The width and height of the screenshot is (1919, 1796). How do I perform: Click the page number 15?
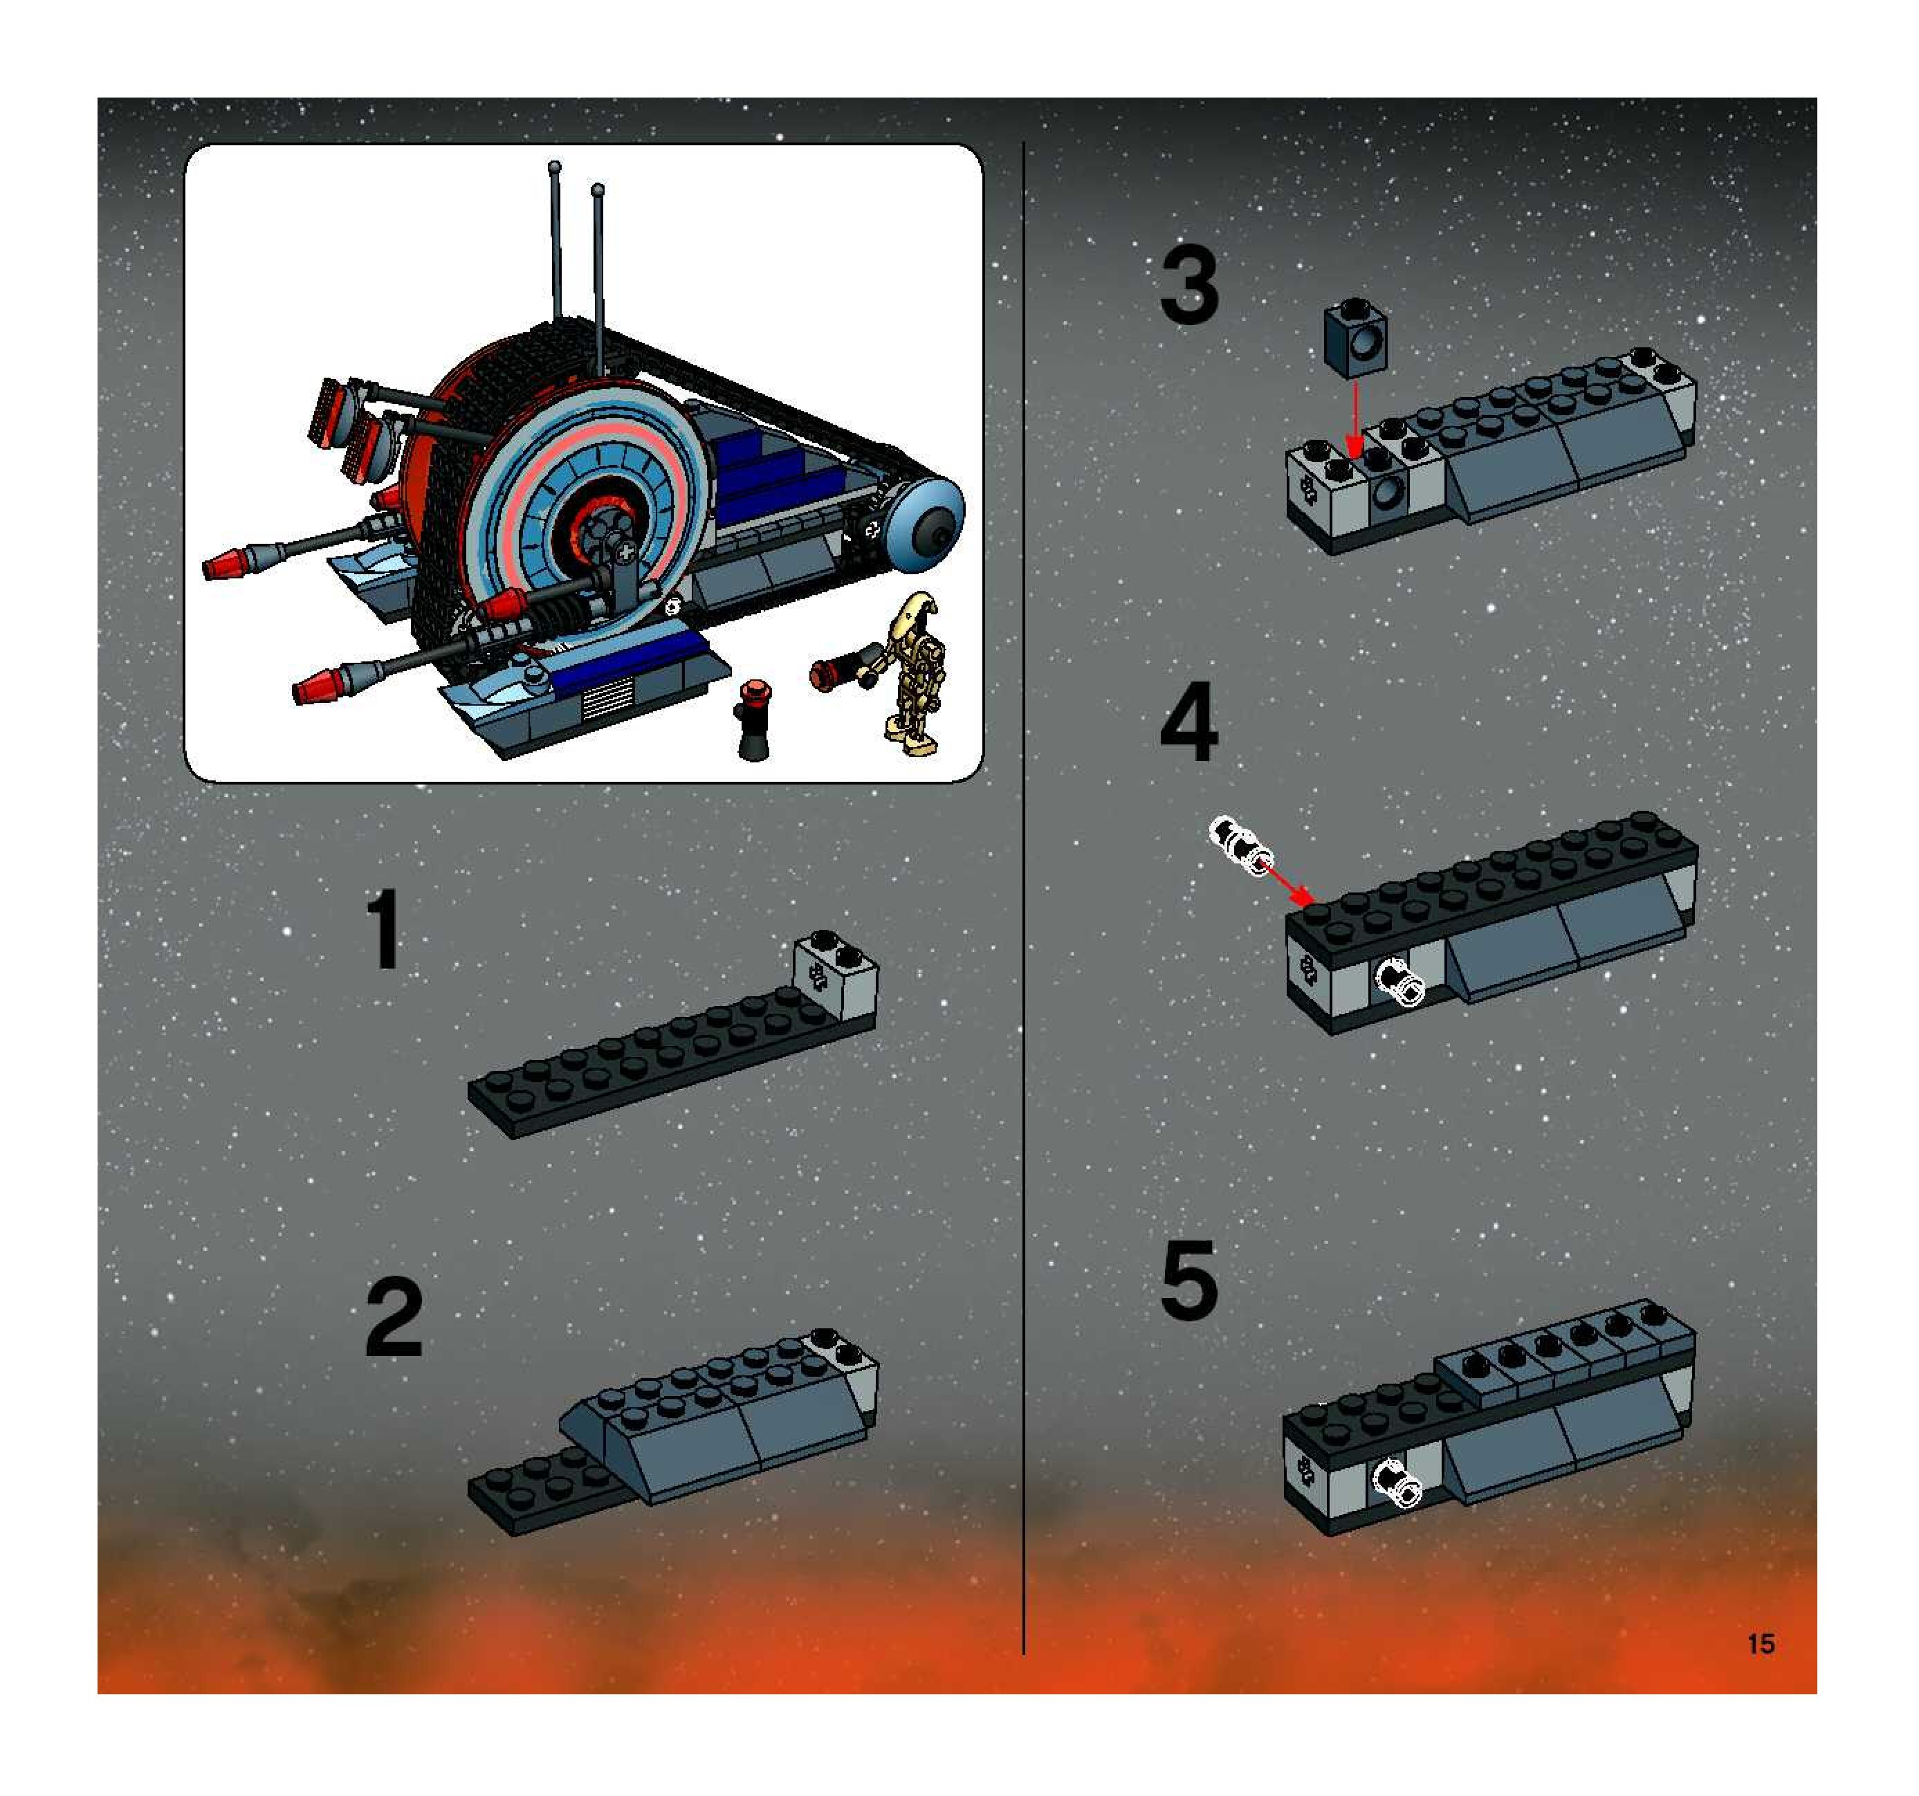point(1761,1643)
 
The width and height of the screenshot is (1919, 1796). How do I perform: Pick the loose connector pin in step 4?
point(1241,846)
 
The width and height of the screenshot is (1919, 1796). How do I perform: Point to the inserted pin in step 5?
point(1397,1482)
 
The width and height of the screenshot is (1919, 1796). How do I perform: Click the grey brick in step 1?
point(835,976)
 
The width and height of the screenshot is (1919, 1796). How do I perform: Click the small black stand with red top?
point(753,720)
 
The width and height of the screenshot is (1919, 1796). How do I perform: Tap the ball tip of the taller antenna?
point(554,167)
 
